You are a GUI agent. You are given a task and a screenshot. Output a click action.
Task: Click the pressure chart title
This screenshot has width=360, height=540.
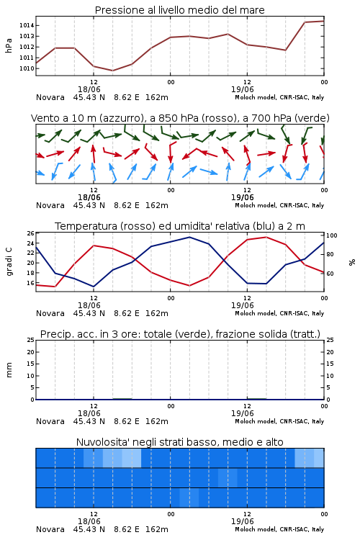click(179, 10)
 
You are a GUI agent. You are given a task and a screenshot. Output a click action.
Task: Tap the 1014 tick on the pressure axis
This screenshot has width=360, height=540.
click(27, 25)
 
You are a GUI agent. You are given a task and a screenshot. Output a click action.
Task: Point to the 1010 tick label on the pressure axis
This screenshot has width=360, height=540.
click(27, 68)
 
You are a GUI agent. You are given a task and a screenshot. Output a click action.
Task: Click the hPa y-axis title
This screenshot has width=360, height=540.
click(9, 45)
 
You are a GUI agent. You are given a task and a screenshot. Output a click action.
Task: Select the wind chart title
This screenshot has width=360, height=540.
click(180, 118)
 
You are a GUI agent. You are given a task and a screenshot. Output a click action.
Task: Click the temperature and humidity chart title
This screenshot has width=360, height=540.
click(180, 226)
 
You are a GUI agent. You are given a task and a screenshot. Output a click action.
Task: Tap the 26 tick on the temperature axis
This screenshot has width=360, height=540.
click(31, 233)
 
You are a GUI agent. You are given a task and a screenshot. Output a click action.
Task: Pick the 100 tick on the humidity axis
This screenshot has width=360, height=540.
click(331, 235)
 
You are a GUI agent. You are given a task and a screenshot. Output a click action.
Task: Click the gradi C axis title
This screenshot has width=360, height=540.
click(9, 262)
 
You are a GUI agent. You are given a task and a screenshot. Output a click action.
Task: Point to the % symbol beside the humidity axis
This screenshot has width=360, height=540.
click(352, 262)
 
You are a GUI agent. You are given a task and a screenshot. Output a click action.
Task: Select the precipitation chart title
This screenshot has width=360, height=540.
click(180, 334)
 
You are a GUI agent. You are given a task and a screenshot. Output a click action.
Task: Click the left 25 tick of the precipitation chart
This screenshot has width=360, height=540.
click(31, 340)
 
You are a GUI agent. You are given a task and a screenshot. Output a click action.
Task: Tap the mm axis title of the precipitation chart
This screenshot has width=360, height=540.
click(9, 370)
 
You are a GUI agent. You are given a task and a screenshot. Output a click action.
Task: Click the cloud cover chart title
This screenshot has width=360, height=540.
click(179, 442)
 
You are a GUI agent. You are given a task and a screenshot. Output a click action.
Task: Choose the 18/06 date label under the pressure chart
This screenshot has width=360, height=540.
click(89, 89)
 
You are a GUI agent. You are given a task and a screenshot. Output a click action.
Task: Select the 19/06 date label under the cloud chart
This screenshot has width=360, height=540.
click(242, 521)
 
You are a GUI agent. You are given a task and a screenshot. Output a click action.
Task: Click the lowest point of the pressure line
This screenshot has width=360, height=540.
click(112, 71)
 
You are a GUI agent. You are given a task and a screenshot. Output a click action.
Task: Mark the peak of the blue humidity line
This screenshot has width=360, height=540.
click(189, 237)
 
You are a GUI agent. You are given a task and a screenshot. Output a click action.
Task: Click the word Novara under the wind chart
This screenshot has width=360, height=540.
click(50, 205)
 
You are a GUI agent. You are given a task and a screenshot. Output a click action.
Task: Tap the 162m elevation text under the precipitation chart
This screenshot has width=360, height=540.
click(157, 421)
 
